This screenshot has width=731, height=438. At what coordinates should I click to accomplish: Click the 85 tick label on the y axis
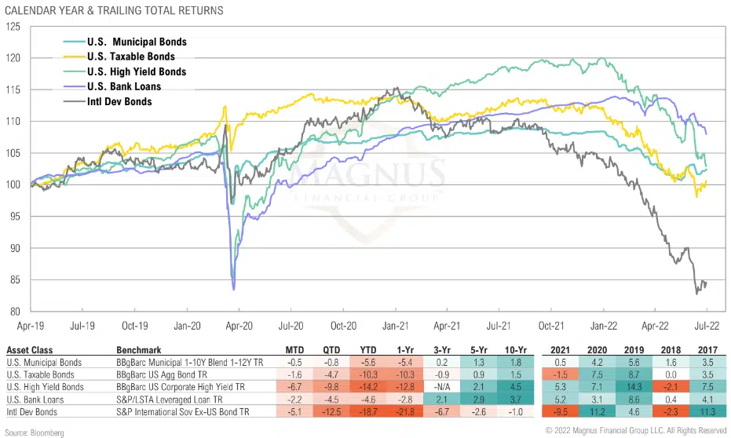(x=15, y=280)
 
